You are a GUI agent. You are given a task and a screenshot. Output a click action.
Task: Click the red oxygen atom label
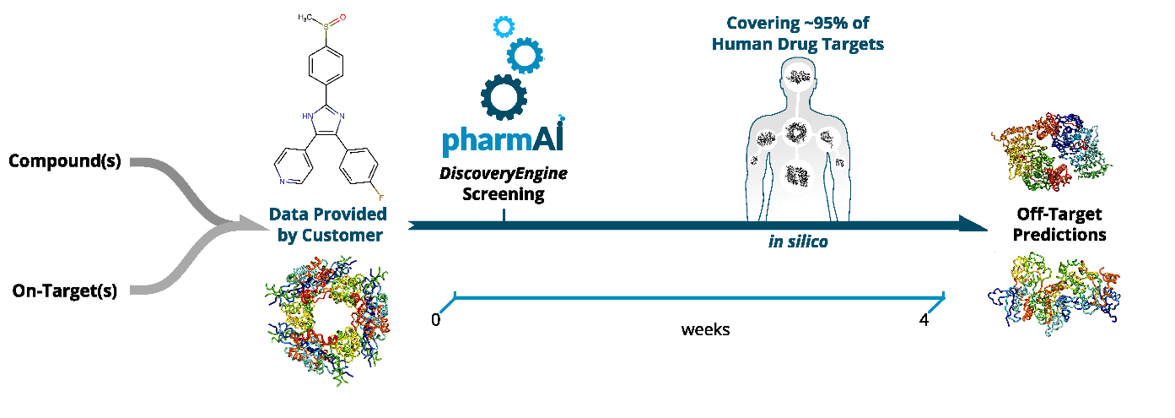pos(343,17)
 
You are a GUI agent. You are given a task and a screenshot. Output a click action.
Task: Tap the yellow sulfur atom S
pos(325,27)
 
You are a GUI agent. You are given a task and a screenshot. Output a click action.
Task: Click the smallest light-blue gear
pos(504,27)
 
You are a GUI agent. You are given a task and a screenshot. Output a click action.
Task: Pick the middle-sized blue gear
pos(525,56)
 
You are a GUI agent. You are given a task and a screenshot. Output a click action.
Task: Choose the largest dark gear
pos(503,96)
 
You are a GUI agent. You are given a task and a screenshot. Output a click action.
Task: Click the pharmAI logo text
pos(503,138)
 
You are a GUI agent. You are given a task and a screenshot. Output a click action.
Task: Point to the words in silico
pos(798,242)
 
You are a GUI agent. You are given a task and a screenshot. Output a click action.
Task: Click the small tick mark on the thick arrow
pos(504,214)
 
